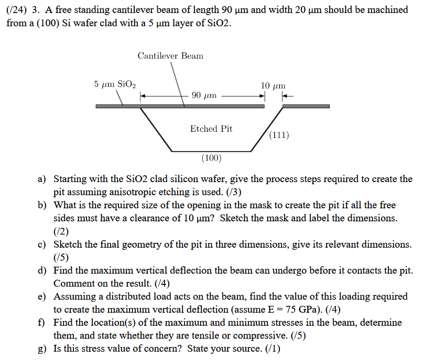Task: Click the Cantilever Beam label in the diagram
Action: (x=170, y=56)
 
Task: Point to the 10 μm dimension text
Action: (x=273, y=85)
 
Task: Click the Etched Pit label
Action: (x=211, y=129)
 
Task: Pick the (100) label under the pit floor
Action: (x=211, y=157)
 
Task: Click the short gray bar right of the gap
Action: (x=306, y=106)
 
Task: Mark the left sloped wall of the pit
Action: (x=156, y=129)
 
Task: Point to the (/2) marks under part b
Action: (x=61, y=231)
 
